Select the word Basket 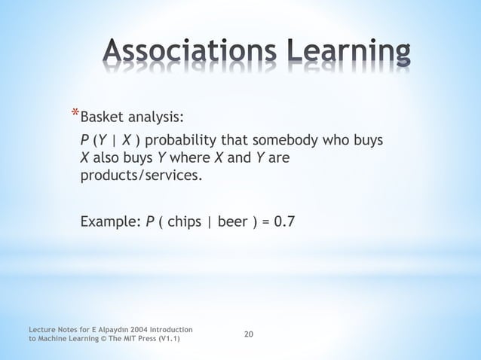click(x=104, y=117)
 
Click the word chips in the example click(x=184, y=222)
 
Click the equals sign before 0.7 click(x=266, y=222)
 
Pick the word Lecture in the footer click(x=42, y=330)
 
